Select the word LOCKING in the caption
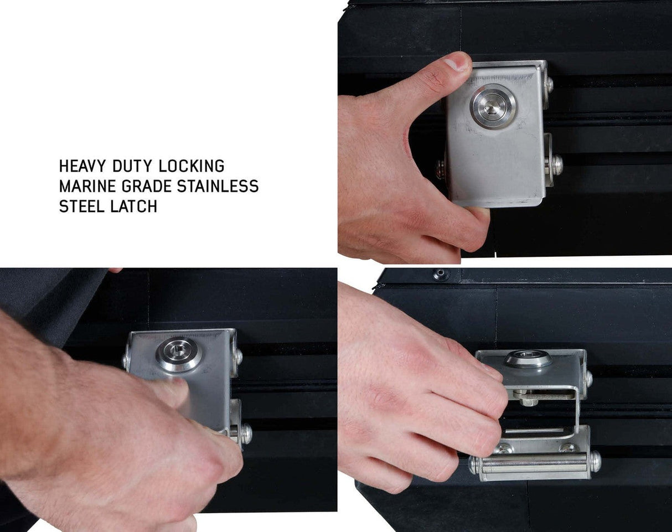click(x=192, y=166)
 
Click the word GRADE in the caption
click(x=147, y=187)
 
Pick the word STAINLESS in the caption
click(x=218, y=187)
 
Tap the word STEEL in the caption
click(x=82, y=206)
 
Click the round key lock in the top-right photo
click(x=493, y=106)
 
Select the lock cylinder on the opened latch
click(x=528, y=359)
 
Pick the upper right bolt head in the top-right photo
click(x=549, y=84)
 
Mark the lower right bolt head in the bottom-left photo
click(x=247, y=433)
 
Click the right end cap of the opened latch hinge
click(x=595, y=462)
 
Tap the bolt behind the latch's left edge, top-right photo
click(x=441, y=169)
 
